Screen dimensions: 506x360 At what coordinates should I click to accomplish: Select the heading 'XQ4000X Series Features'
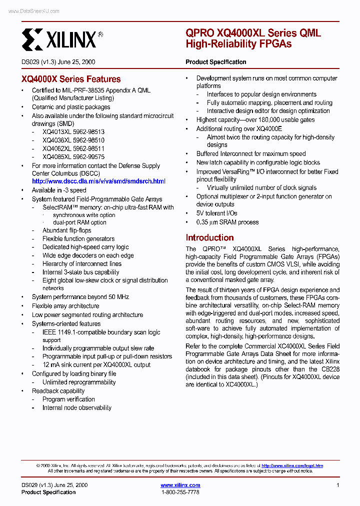71,79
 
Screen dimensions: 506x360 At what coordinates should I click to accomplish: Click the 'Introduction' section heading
209,237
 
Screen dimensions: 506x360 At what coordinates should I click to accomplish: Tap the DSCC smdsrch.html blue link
98,181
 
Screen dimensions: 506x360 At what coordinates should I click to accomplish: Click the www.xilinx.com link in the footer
180,485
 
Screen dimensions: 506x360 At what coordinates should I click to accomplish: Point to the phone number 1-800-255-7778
180,492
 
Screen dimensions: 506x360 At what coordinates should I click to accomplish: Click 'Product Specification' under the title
215,62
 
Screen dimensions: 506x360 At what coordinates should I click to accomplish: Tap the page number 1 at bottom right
338,485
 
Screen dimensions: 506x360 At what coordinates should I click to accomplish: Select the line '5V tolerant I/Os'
216,213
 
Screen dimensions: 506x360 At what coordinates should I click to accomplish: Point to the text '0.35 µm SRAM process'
227,222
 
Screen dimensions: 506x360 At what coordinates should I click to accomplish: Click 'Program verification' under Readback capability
68,399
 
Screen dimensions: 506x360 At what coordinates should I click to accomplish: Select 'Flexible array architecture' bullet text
65,306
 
